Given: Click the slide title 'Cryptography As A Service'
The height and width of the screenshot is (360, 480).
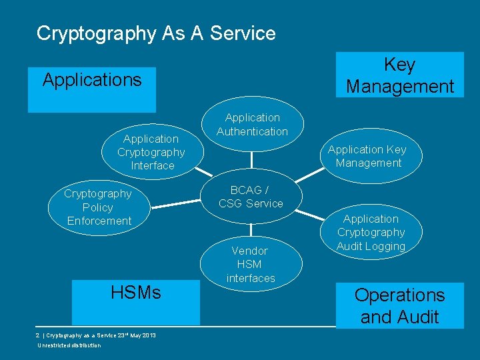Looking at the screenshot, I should click(156, 33).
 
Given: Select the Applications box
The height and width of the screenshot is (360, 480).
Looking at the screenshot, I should click(92, 89).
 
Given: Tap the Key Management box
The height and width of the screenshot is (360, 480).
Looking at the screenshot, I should click(399, 75).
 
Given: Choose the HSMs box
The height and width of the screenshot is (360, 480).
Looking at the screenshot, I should click(136, 301).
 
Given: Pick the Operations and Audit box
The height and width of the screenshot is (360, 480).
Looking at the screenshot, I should click(399, 305).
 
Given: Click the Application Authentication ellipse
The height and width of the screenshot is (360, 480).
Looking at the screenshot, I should click(252, 125).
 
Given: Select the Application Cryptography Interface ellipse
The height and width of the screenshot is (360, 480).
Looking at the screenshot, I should click(151, 153).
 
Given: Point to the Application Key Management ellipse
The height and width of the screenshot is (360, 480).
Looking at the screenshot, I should click(368, 157).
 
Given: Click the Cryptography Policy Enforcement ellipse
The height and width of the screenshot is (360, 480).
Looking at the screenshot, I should click(99, 207).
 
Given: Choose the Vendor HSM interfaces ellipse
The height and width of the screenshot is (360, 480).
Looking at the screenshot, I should click(250, 264).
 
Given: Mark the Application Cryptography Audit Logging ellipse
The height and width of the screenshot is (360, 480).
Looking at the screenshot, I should click(371, 233).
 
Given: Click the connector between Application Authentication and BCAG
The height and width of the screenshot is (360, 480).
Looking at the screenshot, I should click(252, 161).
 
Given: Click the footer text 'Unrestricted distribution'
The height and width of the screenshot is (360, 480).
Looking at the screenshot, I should click(69, 345).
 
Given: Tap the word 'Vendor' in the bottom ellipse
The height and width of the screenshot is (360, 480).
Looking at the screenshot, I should click(249, 251).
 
